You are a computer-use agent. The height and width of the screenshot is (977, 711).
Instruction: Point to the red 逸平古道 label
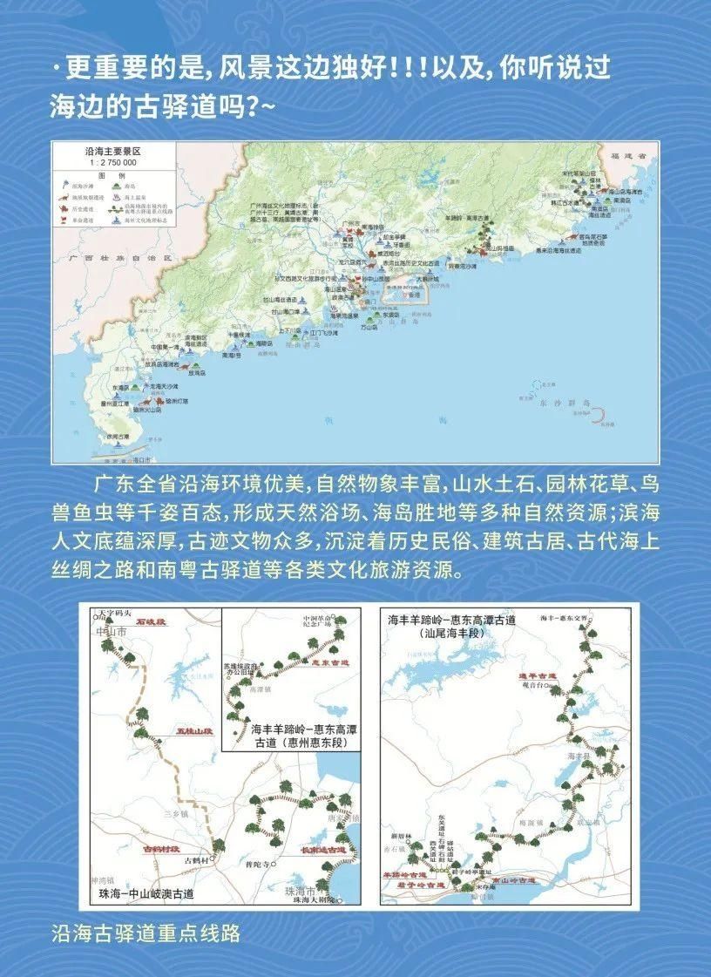537,675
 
